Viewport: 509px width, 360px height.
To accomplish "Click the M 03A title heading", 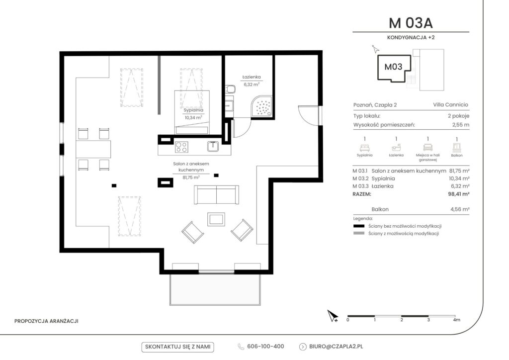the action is (x=411, y=23).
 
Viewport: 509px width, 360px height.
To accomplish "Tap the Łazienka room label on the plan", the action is (x=252, y=77).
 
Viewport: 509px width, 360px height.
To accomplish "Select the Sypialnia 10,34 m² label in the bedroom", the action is (x=193, y=114).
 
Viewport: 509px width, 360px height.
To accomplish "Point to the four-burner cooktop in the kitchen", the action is (x=181, y=147).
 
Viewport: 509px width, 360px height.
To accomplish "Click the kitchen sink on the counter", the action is (x=213, y=146).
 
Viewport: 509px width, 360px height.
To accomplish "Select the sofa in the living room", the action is (x=217, y=194).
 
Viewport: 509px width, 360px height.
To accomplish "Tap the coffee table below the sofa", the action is (x=216, y=219).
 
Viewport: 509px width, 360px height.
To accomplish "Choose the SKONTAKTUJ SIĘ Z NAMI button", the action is (x=178, y=347).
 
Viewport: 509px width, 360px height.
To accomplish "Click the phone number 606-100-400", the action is (x=265, y=347).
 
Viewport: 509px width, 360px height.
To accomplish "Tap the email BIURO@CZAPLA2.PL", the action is (x=336, y=347).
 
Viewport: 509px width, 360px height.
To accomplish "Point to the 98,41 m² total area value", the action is (x=459, y=194).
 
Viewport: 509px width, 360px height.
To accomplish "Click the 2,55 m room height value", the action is (x=461, y=125).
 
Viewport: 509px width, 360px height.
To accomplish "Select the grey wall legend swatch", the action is (x=359, y=233).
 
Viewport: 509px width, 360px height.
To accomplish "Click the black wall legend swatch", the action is (x=359, y=226).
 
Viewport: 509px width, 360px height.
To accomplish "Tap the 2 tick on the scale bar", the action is (x=402, y=320).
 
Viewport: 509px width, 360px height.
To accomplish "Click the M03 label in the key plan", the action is (x=393, y=67).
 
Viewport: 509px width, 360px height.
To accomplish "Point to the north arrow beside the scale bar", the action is (x=333, y=316).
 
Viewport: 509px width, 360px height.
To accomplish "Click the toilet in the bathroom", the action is (x=231, y=89).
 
